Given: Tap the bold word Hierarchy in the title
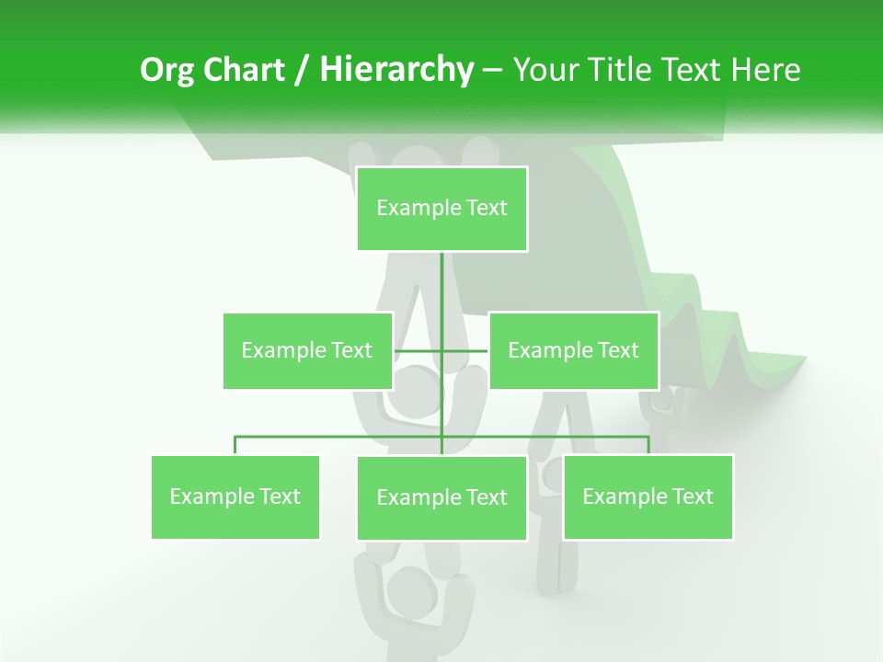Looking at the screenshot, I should [x=396, y=70].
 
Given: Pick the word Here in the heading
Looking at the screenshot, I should [x=766, y=70].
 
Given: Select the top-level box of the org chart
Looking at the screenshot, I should [x=441, y=209].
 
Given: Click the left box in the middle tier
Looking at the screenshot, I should [x=307, y=350].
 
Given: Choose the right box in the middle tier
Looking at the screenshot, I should [x=573, y=350].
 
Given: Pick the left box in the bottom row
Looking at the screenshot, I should [x=235, y=496].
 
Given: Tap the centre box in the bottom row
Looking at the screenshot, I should [x=441, y=497].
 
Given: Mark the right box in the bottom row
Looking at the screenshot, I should [x=648, y=496].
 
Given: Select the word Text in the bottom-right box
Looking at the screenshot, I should [x=692, y=496].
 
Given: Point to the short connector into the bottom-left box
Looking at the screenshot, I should [x=235, y=445].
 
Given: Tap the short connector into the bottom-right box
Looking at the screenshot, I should [x=648, y=445].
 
